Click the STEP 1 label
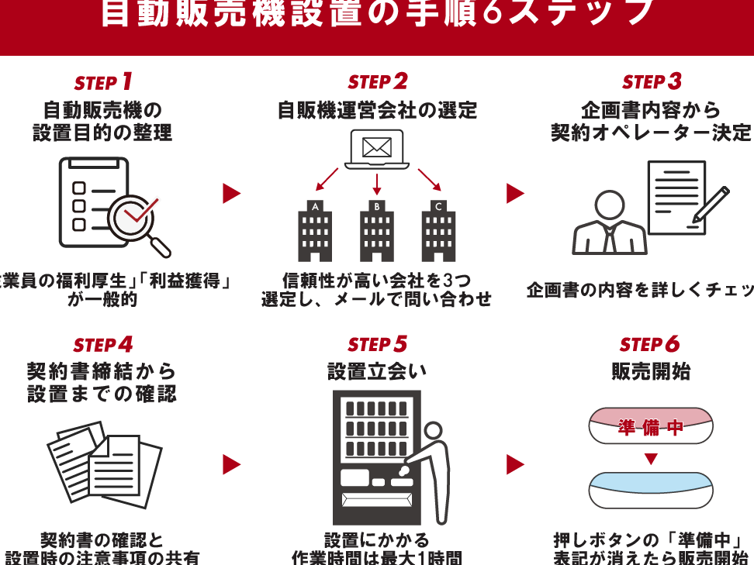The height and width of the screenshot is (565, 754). (104, 82)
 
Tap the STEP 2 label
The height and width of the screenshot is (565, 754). (378, 82)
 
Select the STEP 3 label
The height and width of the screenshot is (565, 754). (652, 82)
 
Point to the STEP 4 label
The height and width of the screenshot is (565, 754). (104, 344)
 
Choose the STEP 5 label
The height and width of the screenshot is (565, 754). (378, 344)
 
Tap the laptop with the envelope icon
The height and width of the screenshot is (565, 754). (377, 150)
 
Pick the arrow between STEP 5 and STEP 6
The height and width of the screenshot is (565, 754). (515, 464)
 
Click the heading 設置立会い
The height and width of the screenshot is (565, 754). (377, 372)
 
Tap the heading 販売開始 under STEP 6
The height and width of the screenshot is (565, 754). (651, 372)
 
